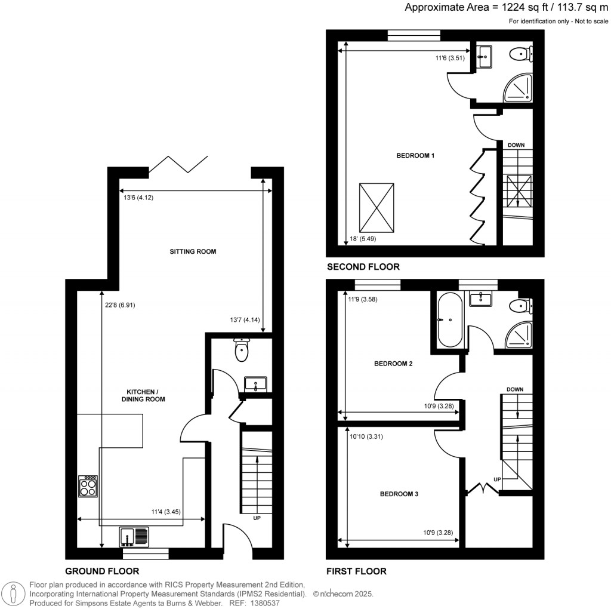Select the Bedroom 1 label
(x=415, y=156)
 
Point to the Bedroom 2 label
(x=393, y=363)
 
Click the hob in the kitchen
(x=88, y=485)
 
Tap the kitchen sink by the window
(x=134, y=536)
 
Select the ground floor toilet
(x=241, y=350)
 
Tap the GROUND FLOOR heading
(x=102, y=571)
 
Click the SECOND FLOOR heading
(x=363, y=267)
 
